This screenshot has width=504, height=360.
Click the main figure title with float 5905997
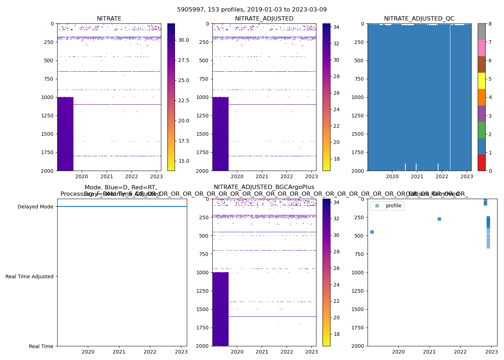(x=252, y=10)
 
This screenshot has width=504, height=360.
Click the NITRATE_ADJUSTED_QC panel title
(x=419, y=19)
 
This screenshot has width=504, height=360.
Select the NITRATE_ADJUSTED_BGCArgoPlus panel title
(x=264, y=187)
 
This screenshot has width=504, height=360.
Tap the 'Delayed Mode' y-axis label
(x=35, y=207)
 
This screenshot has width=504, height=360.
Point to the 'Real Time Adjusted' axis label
(x=30, y=276)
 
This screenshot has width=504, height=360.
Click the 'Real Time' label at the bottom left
(x=41, y=346)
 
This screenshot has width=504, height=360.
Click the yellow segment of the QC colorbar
(x=481, y=81)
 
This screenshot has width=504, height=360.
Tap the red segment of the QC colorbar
(x=481, y=162)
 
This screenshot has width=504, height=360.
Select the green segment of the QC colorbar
(x=481, y=130)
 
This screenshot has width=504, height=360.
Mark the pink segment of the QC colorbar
(x=481, y=48)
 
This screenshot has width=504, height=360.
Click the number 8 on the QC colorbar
(x=490, y=24)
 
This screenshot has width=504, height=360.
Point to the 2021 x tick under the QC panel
(x=417, y=176)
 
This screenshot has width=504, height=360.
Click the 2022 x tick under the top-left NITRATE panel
(x=131, y=176)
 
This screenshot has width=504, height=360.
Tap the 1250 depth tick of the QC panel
(x=358, y=116)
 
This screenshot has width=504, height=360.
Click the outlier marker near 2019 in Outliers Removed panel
(x=372, y=232)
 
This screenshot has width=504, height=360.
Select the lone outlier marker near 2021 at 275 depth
(x=439, y=219)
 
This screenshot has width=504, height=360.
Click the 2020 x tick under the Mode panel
(x=88, y=352)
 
